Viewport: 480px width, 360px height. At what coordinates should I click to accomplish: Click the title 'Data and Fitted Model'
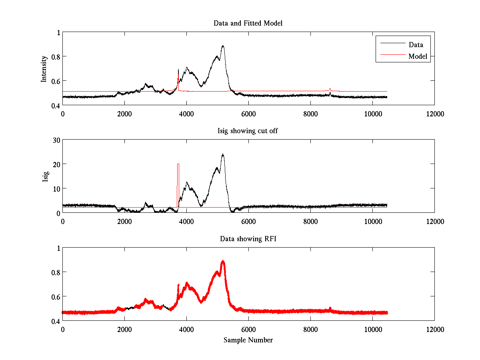(248, 23)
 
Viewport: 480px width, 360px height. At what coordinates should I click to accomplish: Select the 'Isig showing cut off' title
(248, 131)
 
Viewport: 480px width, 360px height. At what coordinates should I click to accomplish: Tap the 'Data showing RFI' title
(248, 239)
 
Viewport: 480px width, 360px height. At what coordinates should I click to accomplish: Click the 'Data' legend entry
(416, 44)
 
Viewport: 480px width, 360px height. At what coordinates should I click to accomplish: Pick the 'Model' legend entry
(418, 56)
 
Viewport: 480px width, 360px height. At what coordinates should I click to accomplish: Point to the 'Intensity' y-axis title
(44, 69)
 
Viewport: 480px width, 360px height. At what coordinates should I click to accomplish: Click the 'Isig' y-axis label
(45, 176)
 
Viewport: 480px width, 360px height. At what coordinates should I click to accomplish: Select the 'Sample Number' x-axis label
(248, 340)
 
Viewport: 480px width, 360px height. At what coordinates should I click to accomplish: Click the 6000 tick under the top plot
(248, 114)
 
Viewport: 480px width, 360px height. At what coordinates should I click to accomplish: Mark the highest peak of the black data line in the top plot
(223, 46)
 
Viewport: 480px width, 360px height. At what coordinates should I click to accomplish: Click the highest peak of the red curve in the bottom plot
(223, 261)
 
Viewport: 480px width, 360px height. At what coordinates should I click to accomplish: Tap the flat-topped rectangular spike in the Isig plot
(178, 164)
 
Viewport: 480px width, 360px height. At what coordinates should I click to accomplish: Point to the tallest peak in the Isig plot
(222, 154)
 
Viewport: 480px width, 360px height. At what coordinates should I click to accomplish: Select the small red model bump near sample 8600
(330, 88)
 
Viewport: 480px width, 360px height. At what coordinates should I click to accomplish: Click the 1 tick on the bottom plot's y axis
(58, 248)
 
